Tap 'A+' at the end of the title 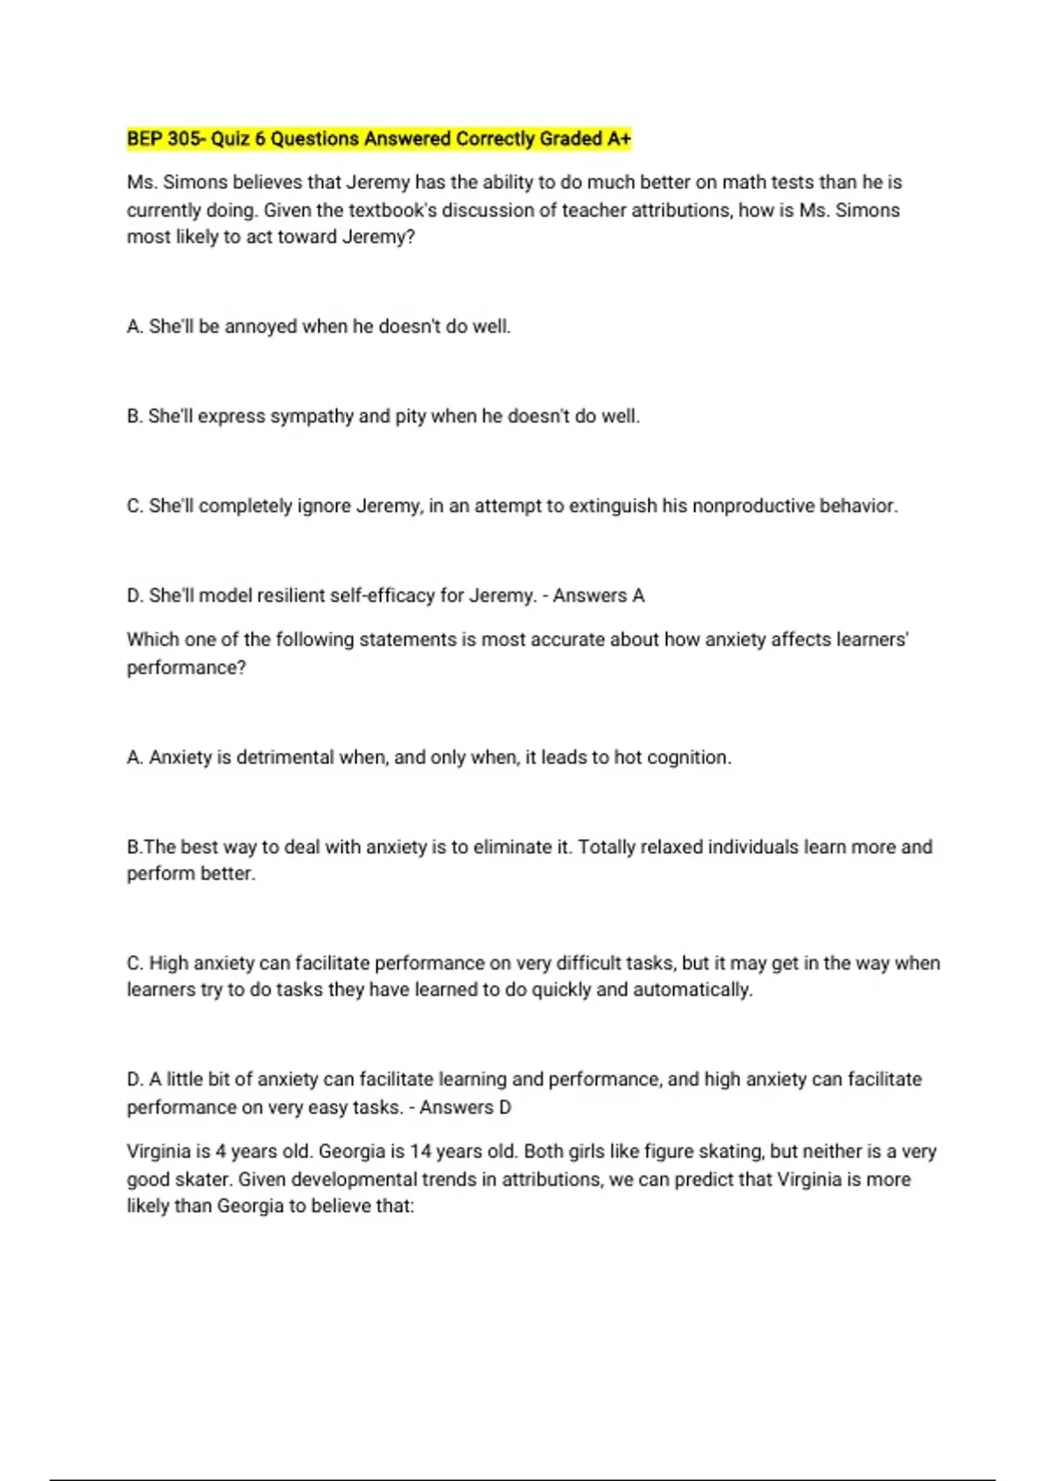pos(619,139)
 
